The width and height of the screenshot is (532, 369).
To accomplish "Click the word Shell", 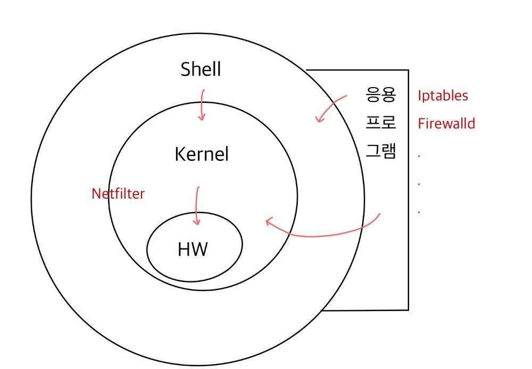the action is point(201,70).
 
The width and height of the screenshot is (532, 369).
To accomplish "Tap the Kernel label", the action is point(202,154).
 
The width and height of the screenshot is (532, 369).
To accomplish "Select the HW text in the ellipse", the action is point(193,250).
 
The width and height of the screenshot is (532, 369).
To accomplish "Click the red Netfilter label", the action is point(118,194).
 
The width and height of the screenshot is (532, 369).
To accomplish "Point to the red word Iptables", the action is point(443,96).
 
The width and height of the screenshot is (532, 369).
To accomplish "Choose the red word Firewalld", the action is point(446,124).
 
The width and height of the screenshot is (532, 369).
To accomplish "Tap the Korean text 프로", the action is point(381,122).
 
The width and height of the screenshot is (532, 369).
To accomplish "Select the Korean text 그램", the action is point(381,151).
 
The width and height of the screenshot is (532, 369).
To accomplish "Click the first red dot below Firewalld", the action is point(419,156).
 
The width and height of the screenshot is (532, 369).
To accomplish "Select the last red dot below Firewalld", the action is point(419,212).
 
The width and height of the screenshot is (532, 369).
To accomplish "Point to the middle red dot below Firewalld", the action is point(419,184).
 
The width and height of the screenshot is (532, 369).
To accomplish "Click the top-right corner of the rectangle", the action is point(408,70).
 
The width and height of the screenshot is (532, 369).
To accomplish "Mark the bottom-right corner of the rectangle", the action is point(408,310).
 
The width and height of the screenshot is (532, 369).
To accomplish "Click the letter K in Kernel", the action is point(180,154).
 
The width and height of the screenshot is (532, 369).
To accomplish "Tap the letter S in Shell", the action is point(185,70).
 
